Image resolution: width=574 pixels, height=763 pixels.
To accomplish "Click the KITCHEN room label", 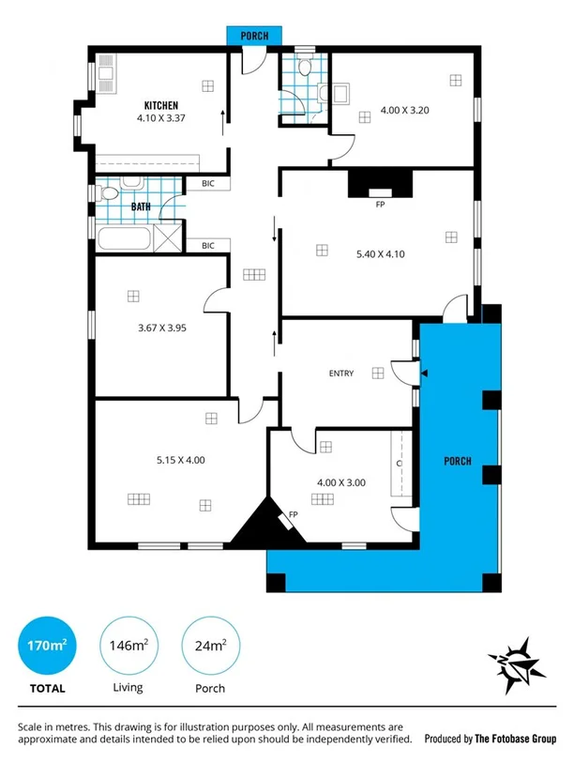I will click(160, 105).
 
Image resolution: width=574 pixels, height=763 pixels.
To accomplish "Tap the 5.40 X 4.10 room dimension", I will click(380, 253).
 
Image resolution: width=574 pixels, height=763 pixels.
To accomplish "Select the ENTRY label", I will click(341, 374).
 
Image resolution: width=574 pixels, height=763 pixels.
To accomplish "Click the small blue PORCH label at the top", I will click(254, 36).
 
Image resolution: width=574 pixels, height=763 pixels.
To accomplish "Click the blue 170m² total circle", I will click(45, 647).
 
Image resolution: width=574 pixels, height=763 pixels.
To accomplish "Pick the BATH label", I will click(141, 206).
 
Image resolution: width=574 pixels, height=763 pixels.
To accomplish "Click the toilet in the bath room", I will click(108, 193).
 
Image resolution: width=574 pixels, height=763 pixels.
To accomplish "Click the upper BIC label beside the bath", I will click(207, 184).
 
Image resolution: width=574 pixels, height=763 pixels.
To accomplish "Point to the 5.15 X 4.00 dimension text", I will click(180, 460).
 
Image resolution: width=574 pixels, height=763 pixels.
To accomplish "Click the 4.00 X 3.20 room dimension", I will click(404, 111).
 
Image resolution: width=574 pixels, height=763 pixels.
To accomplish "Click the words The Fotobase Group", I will click(516, 739).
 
